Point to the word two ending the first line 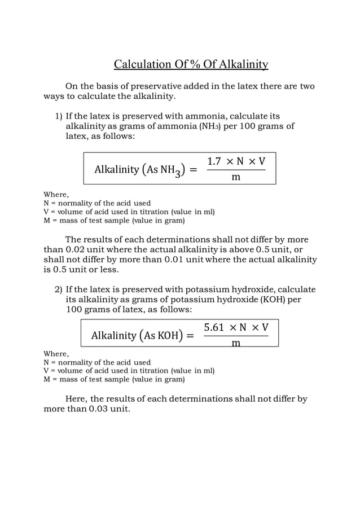[306, 86]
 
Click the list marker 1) [59, 116]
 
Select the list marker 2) [59, 290]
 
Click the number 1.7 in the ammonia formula [216, 161]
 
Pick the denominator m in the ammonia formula [236, 177]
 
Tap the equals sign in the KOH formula [190, 336]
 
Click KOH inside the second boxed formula [167, 336]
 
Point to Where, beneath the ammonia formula [56, 195]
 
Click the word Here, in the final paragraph [76, 399]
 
